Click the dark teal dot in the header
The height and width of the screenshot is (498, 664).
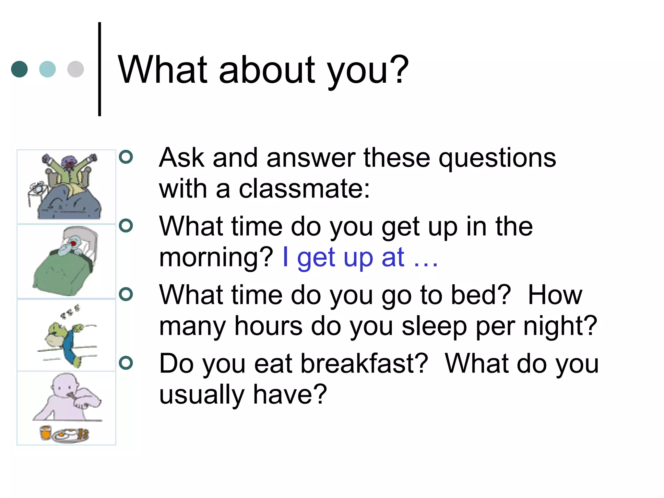pos(19,69)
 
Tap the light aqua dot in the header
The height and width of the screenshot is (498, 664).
pos(47,69)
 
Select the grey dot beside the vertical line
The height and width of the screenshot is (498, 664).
pos(76,69)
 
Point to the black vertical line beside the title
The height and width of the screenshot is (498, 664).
pos(100,69)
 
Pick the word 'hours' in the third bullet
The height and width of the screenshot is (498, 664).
pos(268,326)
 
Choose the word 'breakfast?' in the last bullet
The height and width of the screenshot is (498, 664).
pos(364,363)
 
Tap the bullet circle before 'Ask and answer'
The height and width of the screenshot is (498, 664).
pos(126,157)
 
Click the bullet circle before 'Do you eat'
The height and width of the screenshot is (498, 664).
pos(126,363)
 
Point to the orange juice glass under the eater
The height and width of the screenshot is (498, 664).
pos(45,433)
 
